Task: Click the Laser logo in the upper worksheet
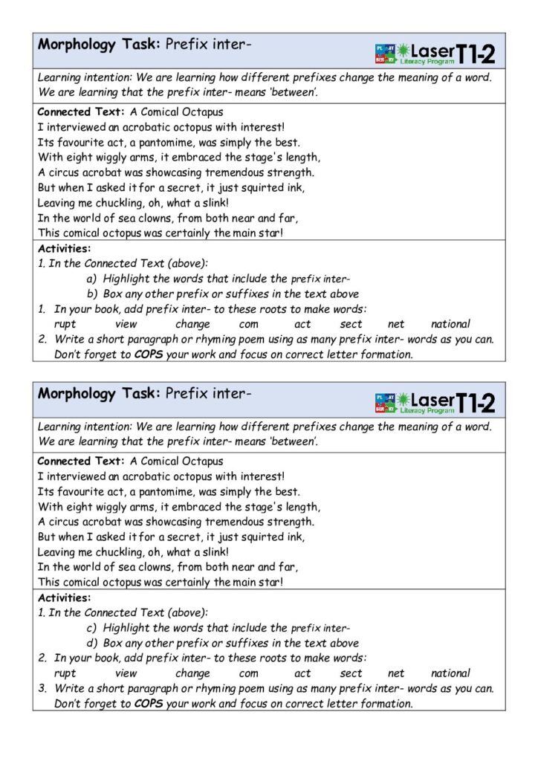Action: (x=424, y=52)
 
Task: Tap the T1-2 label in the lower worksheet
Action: (x=475, y=401)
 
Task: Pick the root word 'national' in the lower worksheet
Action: (x=450, y=673)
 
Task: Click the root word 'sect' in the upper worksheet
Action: (x=351, y=324)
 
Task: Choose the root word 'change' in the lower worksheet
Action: (x=192, y=673)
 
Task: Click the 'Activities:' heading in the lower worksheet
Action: (x=64, y=598)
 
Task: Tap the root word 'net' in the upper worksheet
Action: (x=396, y=324)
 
